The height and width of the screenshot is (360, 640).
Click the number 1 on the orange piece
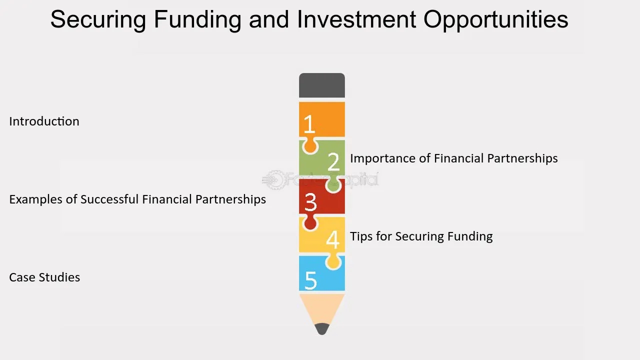(x=309, y=124)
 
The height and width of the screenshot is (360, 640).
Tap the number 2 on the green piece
(x=333, y=161)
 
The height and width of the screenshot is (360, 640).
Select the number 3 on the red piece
(x=310, y=202)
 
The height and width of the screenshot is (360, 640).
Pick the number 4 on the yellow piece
(x=333, y=239)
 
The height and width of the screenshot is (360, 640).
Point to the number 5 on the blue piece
(x=311, y=280)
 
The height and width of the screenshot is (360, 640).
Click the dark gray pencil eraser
(x=322, y=85)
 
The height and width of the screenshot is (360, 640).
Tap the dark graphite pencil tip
(x=322, y=329)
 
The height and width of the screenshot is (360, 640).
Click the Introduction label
(x=44, y=121)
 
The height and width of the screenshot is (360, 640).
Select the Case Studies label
(x=44, y=277)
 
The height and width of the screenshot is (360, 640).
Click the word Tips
(x=361, y=237)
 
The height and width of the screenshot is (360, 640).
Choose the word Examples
(x=35, y=199)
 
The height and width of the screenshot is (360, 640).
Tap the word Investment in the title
(x=356, y=19)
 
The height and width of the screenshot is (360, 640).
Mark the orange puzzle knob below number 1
(x=310, y=145)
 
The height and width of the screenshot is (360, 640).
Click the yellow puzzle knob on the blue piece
(x=333, y=261)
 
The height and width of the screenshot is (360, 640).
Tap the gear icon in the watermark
(x=273, y=179)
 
